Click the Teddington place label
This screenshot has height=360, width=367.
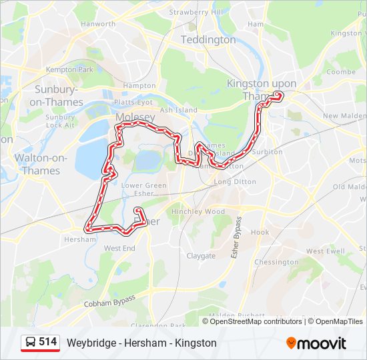tap(209, 40)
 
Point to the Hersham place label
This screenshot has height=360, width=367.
tap(80, 239)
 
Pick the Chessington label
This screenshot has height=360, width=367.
tap(276, 262)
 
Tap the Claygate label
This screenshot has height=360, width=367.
tap(201, 255)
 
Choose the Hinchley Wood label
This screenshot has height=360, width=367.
tap(198, 211)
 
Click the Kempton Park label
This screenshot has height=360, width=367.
tap(70, 69)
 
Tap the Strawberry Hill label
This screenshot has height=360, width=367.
tap(196, 12)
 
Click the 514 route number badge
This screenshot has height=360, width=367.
tap(47, 342)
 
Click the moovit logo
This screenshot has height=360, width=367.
tap(316, 343)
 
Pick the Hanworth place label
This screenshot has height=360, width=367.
tap(97, 24)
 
